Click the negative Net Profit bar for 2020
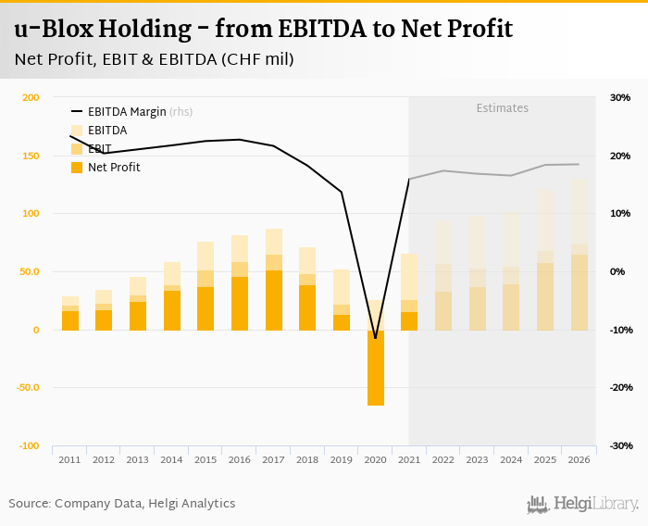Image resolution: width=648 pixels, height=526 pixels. pos(375,368)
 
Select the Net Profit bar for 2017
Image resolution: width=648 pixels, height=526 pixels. pos(274,300)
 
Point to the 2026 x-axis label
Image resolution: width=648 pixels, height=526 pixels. pos(579,459)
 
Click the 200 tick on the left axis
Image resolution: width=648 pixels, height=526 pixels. pos(31,98)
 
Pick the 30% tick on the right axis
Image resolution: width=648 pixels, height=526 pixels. pos(619,98)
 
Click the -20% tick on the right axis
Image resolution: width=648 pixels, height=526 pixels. pos(618,388)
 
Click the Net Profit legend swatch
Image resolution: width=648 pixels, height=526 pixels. pos(77,168)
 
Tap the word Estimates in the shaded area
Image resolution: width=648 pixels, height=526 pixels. pos(502,108)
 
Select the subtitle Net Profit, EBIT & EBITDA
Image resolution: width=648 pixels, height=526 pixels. pos(155,60)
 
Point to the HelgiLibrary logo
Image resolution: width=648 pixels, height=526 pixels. pos(582,504)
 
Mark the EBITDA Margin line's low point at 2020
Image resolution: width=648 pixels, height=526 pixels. pos(375,338)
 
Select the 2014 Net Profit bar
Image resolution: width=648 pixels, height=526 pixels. pos(172,310)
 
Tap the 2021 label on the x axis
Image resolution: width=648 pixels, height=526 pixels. pos(409,459)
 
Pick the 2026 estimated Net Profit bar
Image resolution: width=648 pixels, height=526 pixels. pos(579,293)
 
